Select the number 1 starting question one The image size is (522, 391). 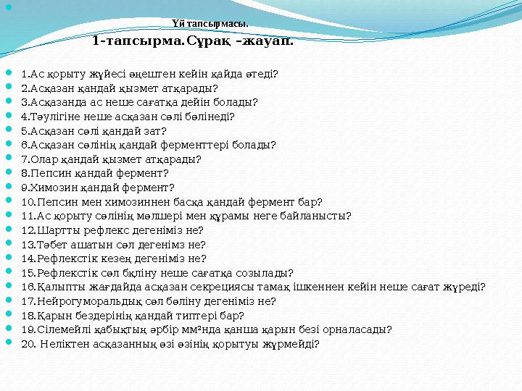[25, 74]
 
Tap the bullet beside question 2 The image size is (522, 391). [8, 88]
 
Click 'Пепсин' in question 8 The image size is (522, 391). [50, 172]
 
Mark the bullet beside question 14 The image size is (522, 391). [8, 258]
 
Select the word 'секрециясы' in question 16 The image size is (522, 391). [199, 286]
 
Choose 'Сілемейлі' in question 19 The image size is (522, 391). [59, 329]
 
